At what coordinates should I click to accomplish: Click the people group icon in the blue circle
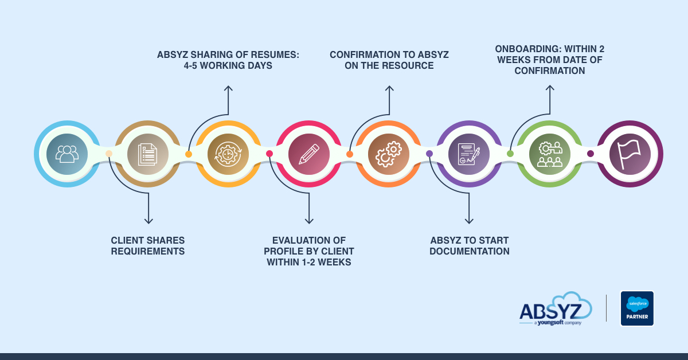pyautogui.click(x=67, y=154)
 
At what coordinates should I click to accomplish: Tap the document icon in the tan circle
pyautogui.click(x=147, y=154)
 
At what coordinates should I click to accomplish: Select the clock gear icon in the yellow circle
pyautogui.click(x=228, y=154)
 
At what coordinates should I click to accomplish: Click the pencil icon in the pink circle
pyautogui.click(x=309, y=154)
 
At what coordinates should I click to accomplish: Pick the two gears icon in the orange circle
pyautogui.click(x=389, y=154)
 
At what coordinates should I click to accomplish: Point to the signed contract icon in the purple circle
pyautogui.click(x=469, y=154)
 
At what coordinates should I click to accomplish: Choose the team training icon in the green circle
pyautogui.click(x=550, y=154)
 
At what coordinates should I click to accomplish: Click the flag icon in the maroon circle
pyautogui.click(x=630, y=154)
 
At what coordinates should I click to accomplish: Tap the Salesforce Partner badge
pyautogui.click(x=637, y=308)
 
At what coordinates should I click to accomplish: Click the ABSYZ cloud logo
pyautogui.click(x=556, y=309)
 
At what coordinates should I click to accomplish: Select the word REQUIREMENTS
pyautogui.click(x=148, y=251)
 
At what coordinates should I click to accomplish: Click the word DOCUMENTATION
pyautogui.click(x=470, y=251)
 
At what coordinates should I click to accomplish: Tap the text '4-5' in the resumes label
pyautogui.click(x=190, y=65)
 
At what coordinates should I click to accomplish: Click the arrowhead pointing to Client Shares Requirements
pyautogui.click(x=148, y=221)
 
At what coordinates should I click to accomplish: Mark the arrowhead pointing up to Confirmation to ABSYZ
pyautogui.click(x=389, y=88)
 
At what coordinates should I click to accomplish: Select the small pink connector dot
pyautogui.click(x=269, y=154)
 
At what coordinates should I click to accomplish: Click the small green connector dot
pyautogui.click(x=510, y=154)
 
